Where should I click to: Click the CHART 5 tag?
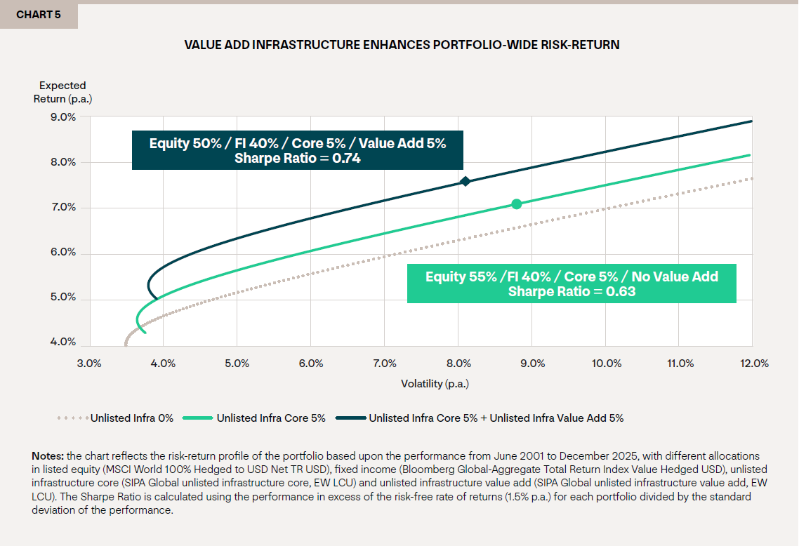[x=38, y=15]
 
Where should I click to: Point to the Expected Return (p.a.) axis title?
[x=62, y=92]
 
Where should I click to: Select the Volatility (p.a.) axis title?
[x=435, y=383]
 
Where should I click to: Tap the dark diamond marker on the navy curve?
[x=465, y=182]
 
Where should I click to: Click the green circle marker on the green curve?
[x=517, y=204]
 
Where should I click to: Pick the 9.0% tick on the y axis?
[x=63, y=116]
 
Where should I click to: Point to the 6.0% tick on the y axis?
[x=63, y=253]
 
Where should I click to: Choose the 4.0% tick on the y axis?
[x=63, y=342]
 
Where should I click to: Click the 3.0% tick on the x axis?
[x=89, y=363]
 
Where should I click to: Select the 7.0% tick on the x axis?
[x=385, y=363]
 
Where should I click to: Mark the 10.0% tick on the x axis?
[x=607, y=363]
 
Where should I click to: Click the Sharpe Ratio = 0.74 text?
[x=298, y=158]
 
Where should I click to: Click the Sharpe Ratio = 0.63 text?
[x=572, y=291]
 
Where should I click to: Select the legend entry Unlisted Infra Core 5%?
[x=271, y=418]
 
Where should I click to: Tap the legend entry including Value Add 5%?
[x=496, y=418]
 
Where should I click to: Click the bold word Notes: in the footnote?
[x=48, y=456]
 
